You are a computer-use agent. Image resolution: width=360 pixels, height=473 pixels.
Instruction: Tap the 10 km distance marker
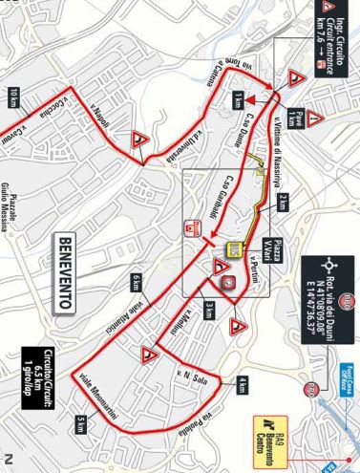point(13,98)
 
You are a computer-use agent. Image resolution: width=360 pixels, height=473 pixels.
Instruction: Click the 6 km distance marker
point(137,281)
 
